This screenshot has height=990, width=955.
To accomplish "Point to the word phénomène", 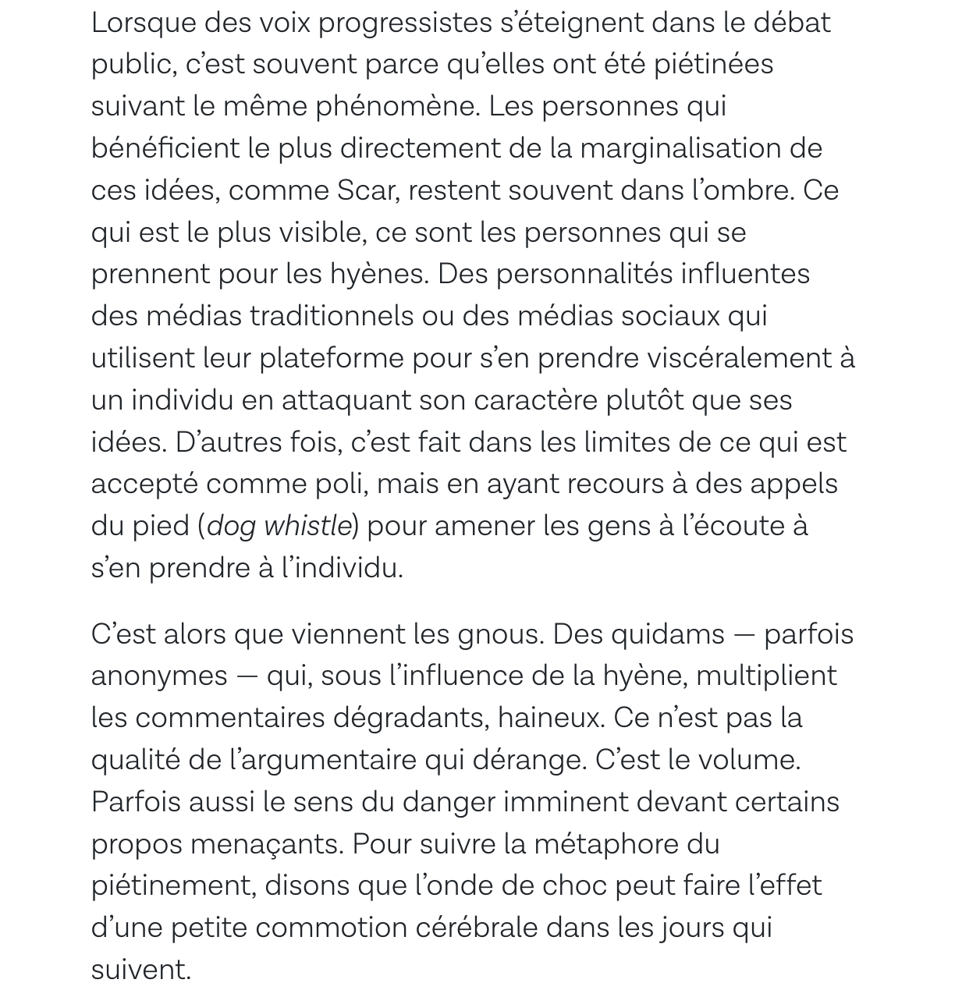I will (396, 106).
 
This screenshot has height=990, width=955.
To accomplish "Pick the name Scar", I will (365, 190).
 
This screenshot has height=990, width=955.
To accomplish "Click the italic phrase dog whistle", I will (279, 527).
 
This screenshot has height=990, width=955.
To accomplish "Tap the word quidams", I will (667, 634).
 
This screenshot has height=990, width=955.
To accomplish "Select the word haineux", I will (550, 718).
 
